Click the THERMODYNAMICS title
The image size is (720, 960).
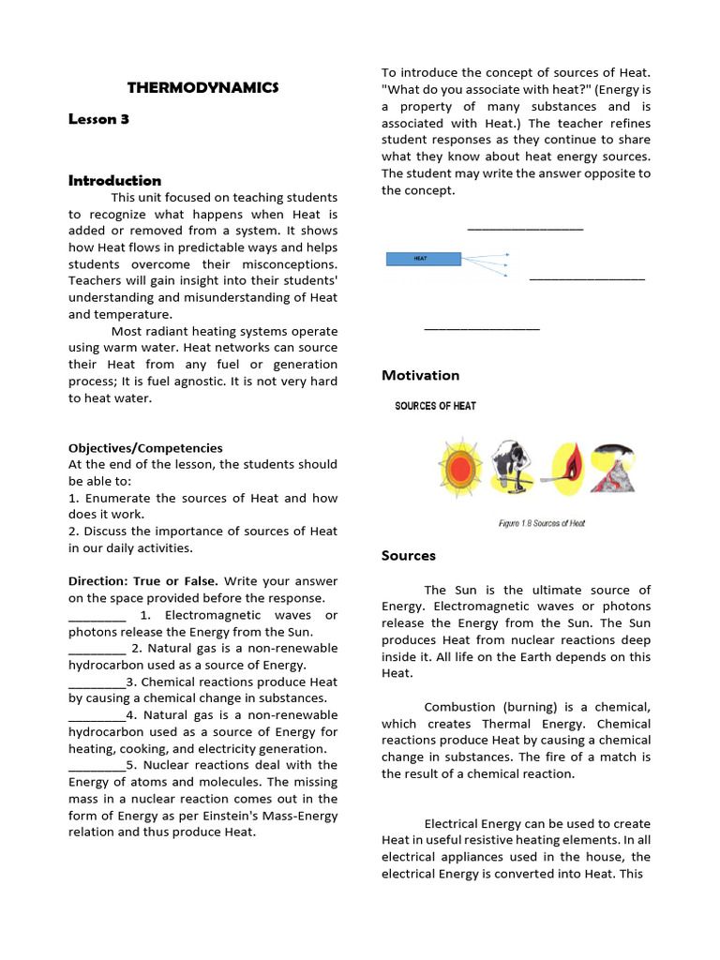[x=203, y=87]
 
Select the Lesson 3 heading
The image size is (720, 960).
[x=98, y=119]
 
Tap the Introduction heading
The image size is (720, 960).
[x=114, y=180]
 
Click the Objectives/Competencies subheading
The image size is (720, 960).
[x=145, y=448]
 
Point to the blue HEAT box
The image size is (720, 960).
[x=423, y=259]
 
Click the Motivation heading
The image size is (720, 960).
[x=420, y=375]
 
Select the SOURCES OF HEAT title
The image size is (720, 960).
[x=435, y=406]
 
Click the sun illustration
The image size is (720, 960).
[x=459, y=467]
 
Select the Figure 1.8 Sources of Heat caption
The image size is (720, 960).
[x=541, y=523]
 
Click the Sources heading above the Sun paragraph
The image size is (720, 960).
[x=408, y=555]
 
